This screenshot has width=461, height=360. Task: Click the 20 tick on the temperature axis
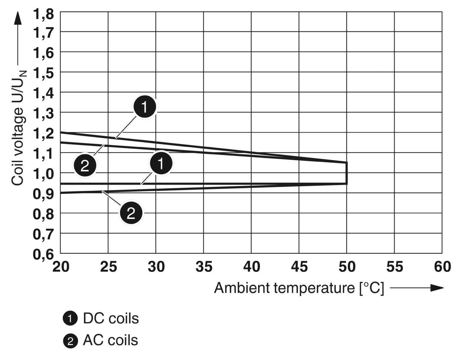[x=61, y=267]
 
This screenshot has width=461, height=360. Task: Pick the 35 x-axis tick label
[x=204, y=267]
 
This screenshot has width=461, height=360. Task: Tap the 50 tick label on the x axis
[x=347, y=267]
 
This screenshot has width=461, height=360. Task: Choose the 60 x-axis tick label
[x=442, y=267]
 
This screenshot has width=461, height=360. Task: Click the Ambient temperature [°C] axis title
[x=299, y=288]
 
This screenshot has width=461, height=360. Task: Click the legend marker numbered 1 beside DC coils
[x=70, y=319]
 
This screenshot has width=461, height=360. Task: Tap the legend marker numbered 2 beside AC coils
[x=70, y=341]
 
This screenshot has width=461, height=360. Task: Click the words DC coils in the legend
[x=111, y=319]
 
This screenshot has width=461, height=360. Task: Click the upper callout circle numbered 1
[x=145, y=107]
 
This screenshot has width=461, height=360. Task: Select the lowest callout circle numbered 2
[x=131, y=213]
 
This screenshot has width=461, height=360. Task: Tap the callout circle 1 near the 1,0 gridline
[x=161, y=163]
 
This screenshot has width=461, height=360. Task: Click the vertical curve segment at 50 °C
[x=347, y=173]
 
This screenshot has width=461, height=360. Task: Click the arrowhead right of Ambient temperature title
[x=437, y=288]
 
